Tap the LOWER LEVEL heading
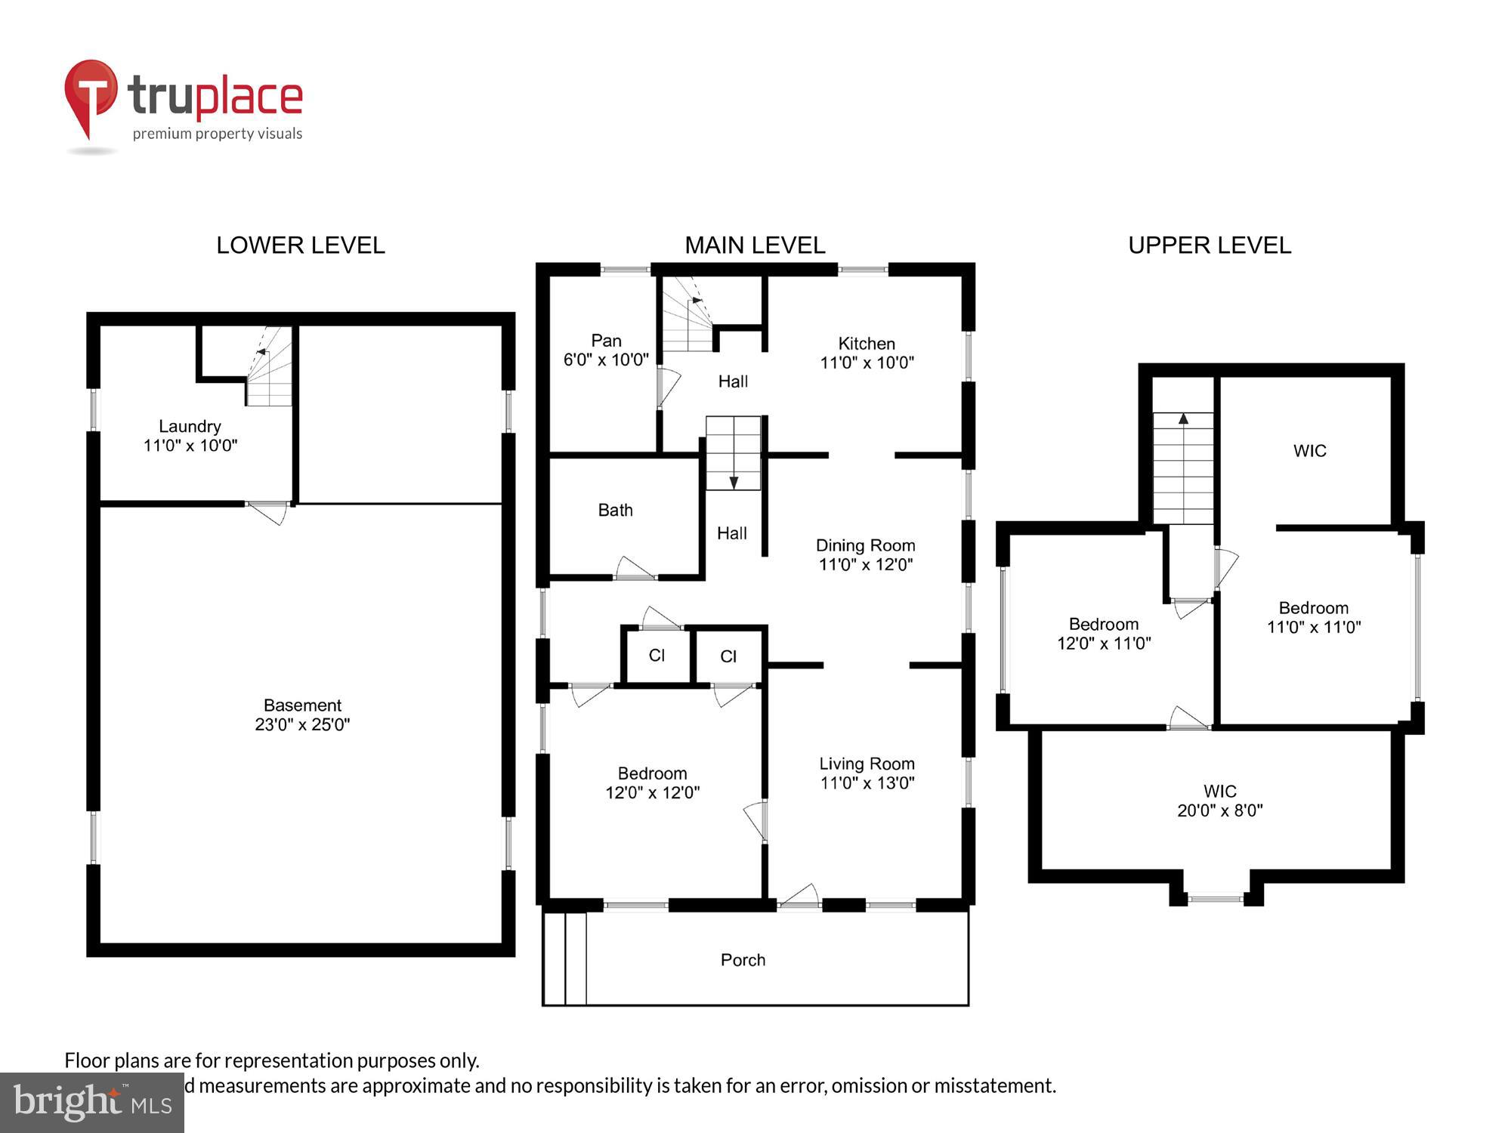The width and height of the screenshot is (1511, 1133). pyautogui.click(x=301, y=245)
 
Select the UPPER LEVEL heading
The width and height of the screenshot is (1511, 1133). pyautogui.click(x=1210, y=245)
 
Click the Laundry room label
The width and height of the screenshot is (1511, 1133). pyautogui.click(x=190, y=427)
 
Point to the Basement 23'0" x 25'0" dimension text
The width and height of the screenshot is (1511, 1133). pyautogui.click(x=302, y=724)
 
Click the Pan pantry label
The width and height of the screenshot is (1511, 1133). pyautogui.click(x=606, y=341)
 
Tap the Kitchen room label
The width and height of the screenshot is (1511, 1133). pyautogui.click(x=867, y=344)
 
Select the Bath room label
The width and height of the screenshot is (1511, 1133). pyautogui.click(x=615, y=511)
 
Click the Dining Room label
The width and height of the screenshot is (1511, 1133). pyautogui.click(x=865, y=546)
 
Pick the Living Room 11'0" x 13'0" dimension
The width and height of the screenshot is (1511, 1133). pyautogui.click(x=867, y=783)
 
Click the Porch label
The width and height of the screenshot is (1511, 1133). pyautogui.click(x=743, y=960)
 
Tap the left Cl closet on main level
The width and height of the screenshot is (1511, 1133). pyautogui.click(x=657, y=656)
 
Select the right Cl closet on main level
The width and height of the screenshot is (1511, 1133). pyautogui.click(x=728, y=656)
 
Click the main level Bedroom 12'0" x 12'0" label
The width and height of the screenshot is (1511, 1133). pyautogui.click(x=652, y=783)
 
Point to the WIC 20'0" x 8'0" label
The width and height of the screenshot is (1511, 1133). pyautogui.click(x=1219, y=801)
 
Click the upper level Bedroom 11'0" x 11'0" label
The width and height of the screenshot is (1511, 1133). pyautogui.click(x=1313, y=617)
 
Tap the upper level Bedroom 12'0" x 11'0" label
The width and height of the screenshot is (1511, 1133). pyautogui.click(x=1103, y=633)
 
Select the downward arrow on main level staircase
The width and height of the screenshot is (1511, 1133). pyautogui.click(x=733, y=481)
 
